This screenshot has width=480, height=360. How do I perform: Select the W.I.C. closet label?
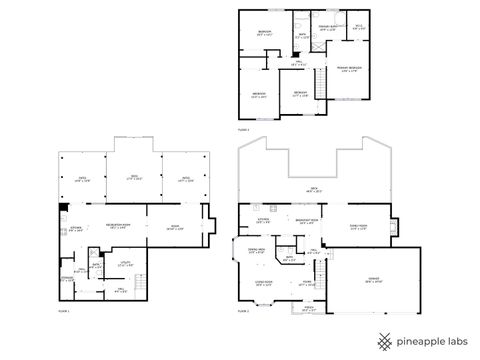pos(359,27)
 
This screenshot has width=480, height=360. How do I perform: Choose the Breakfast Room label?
pos(306,222)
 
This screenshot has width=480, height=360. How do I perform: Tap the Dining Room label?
pos(256,251)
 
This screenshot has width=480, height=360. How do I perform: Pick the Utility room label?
pos(126,263)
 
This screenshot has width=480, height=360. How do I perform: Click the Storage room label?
pos(67,279)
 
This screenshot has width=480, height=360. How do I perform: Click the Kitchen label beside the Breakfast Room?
pos(264,221)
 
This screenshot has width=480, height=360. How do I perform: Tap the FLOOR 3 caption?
pos(244,130)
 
